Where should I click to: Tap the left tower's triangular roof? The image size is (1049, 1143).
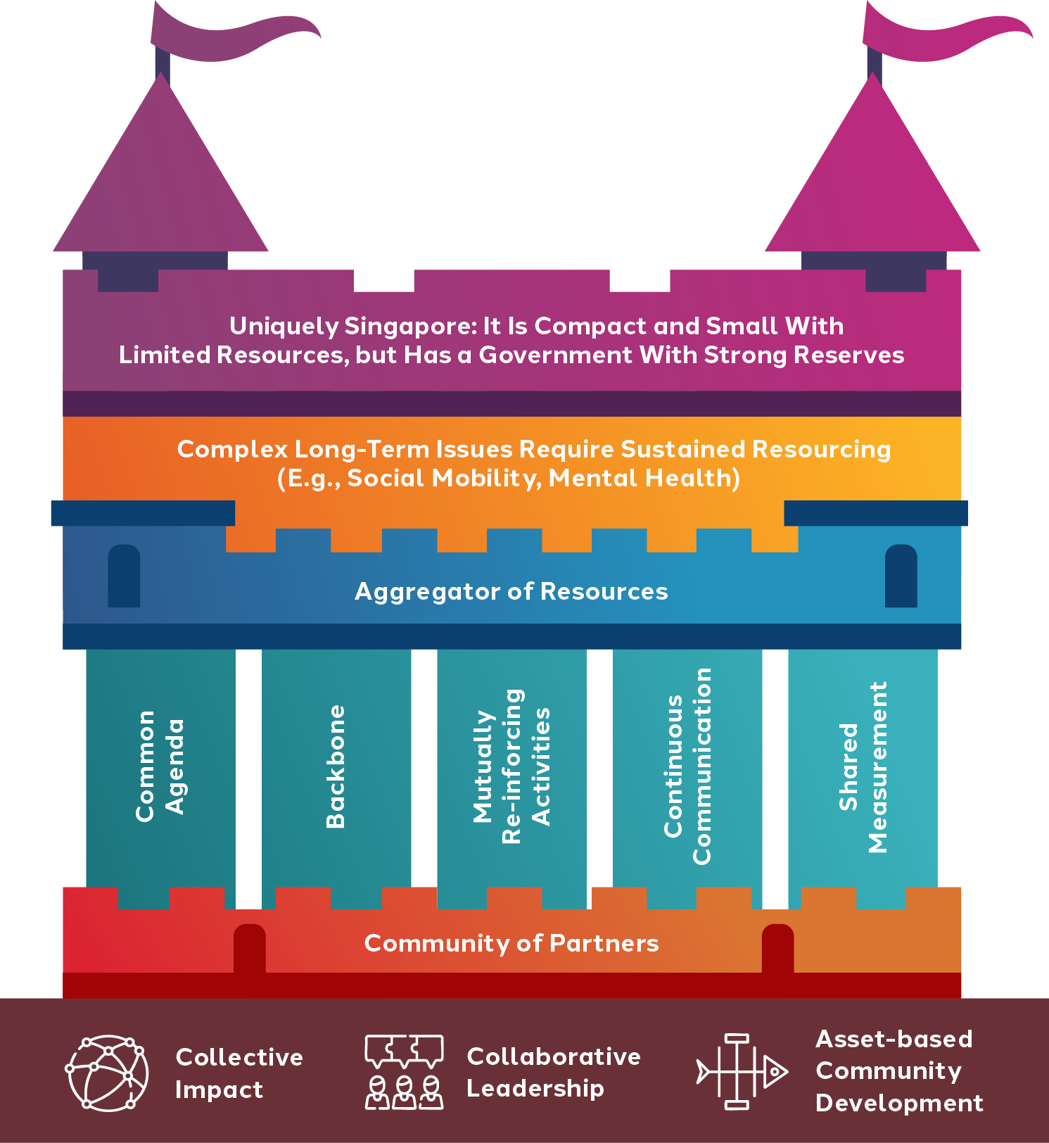161,183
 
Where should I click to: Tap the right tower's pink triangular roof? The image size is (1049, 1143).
872,183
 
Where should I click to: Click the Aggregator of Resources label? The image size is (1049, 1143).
511,591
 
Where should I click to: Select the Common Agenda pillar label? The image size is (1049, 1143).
160,766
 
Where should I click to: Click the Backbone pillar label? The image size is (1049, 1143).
336,766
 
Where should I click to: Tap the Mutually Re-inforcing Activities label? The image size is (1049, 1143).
511,766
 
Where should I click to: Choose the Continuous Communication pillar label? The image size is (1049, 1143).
687,766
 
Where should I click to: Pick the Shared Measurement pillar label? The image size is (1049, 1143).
863,767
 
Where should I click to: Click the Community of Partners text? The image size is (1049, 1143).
511,943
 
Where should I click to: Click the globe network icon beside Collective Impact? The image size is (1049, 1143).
107,1073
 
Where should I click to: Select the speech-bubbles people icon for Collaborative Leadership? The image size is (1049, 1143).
404,1072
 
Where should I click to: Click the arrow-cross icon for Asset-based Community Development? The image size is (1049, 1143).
741,1072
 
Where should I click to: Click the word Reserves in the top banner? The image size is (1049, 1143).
848,355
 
